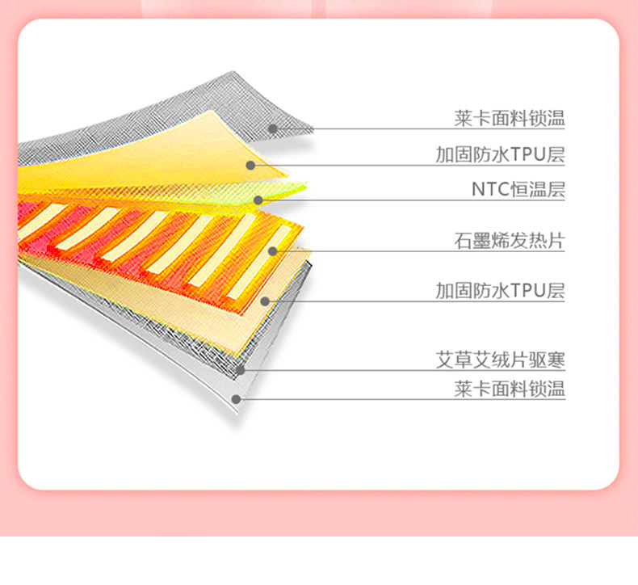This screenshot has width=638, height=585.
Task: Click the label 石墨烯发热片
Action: pyautogui.click(x=509, y=240)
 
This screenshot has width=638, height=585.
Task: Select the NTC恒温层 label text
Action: pyautogui.click(x=518, y=190)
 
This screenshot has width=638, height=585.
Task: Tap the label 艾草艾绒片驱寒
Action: pyautogui.click(x=501, y=359)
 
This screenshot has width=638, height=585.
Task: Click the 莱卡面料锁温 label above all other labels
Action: pyautogui.click(x=509, y=120)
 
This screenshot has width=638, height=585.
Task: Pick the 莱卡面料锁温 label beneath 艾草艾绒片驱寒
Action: pyautogui.click(x=509, y=389)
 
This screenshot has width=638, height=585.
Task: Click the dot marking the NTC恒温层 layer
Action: pyautogui.click(x=258, y=200)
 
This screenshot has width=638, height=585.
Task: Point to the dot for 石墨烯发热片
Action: pyautogui.click(x=273, y=250)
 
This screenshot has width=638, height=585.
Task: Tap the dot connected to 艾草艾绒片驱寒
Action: pyautogui.click(x=241, y=370)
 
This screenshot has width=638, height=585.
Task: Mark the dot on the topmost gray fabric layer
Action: pyautogui.click(x=273, y=128)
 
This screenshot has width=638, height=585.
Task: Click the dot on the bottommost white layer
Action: pyautogui.click(x=236, y=398)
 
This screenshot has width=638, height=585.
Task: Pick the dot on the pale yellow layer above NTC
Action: pyautogui.click(x=250, y=165)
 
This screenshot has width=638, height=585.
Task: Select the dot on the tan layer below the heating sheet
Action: pyautogui.click(x=264, y=301)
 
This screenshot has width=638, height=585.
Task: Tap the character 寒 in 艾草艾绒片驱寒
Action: pyautogui.click(x=556, y=359)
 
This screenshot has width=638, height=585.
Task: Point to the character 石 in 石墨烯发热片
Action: pyautogui.click(x=463, y=240)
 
